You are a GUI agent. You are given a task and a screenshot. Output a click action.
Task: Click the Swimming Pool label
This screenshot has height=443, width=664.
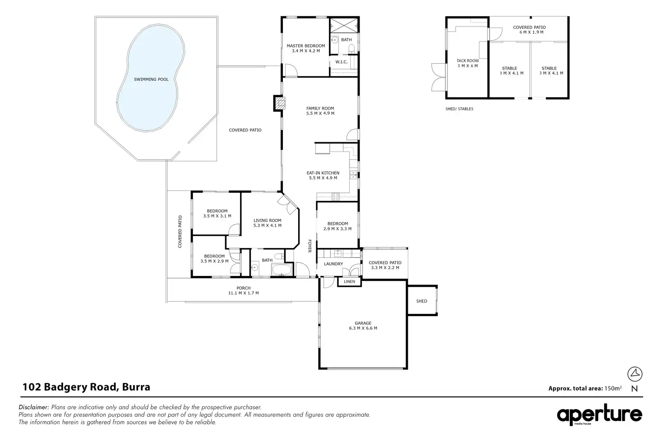pyautogui.click(x=151, y=79)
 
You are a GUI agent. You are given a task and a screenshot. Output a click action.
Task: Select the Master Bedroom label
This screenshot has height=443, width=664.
pyautogui.click(x=306, y=46)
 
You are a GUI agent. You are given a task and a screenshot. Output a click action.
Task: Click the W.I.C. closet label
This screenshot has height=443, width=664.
pyautogui.click(x=341, y=62)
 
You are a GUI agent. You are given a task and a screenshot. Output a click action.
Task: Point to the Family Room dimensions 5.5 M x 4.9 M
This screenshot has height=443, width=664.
pyautogui.click(x=320, y=113)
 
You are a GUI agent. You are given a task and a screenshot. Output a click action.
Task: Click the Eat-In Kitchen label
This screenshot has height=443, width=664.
pyautogui.click(x=323, y=173)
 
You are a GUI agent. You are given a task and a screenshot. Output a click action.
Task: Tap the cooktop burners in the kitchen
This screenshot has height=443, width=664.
pyautogui.click(x=336, y=196)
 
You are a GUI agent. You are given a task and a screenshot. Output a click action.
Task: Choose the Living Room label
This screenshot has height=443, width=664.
pyautogui.click(x=267, y=220)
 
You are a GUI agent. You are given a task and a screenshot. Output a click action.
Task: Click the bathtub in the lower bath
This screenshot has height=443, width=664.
pyautogui.click(x=281, y=270)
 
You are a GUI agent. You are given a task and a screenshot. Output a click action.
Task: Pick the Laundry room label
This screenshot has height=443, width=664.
pyautogui.click(x=333, y=264)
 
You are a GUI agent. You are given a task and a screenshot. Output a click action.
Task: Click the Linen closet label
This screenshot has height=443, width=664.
pyautogui.click(x=349, y=282)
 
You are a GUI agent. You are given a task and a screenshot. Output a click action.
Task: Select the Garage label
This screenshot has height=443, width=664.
pyautogui.click(x=363, y=323)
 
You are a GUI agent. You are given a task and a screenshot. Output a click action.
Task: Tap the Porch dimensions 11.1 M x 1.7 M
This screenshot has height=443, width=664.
pyautogui.click(x=244, y=293)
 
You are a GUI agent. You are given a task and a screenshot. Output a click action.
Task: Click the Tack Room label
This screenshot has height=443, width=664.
pyautogui.click(x=467, y=61)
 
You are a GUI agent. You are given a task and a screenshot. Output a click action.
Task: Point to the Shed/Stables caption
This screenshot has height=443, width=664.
pyautogui.click(x=459, y=109)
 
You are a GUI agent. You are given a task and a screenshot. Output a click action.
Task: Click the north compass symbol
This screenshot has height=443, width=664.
pyautogui.click(x=635, y=374)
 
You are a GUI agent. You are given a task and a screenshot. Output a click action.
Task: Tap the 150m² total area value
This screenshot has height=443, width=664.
pyautogui.click(x=613, y=388)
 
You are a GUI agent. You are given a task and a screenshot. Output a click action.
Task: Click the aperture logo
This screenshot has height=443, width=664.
pyautogui.click(x=599, y=415)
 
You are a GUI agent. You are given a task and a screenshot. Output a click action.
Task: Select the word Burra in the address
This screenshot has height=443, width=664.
pyautogui.click(x=136, y=387)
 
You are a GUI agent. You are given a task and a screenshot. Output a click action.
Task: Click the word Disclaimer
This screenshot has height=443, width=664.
pyautogui.click(x=33, y=407)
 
